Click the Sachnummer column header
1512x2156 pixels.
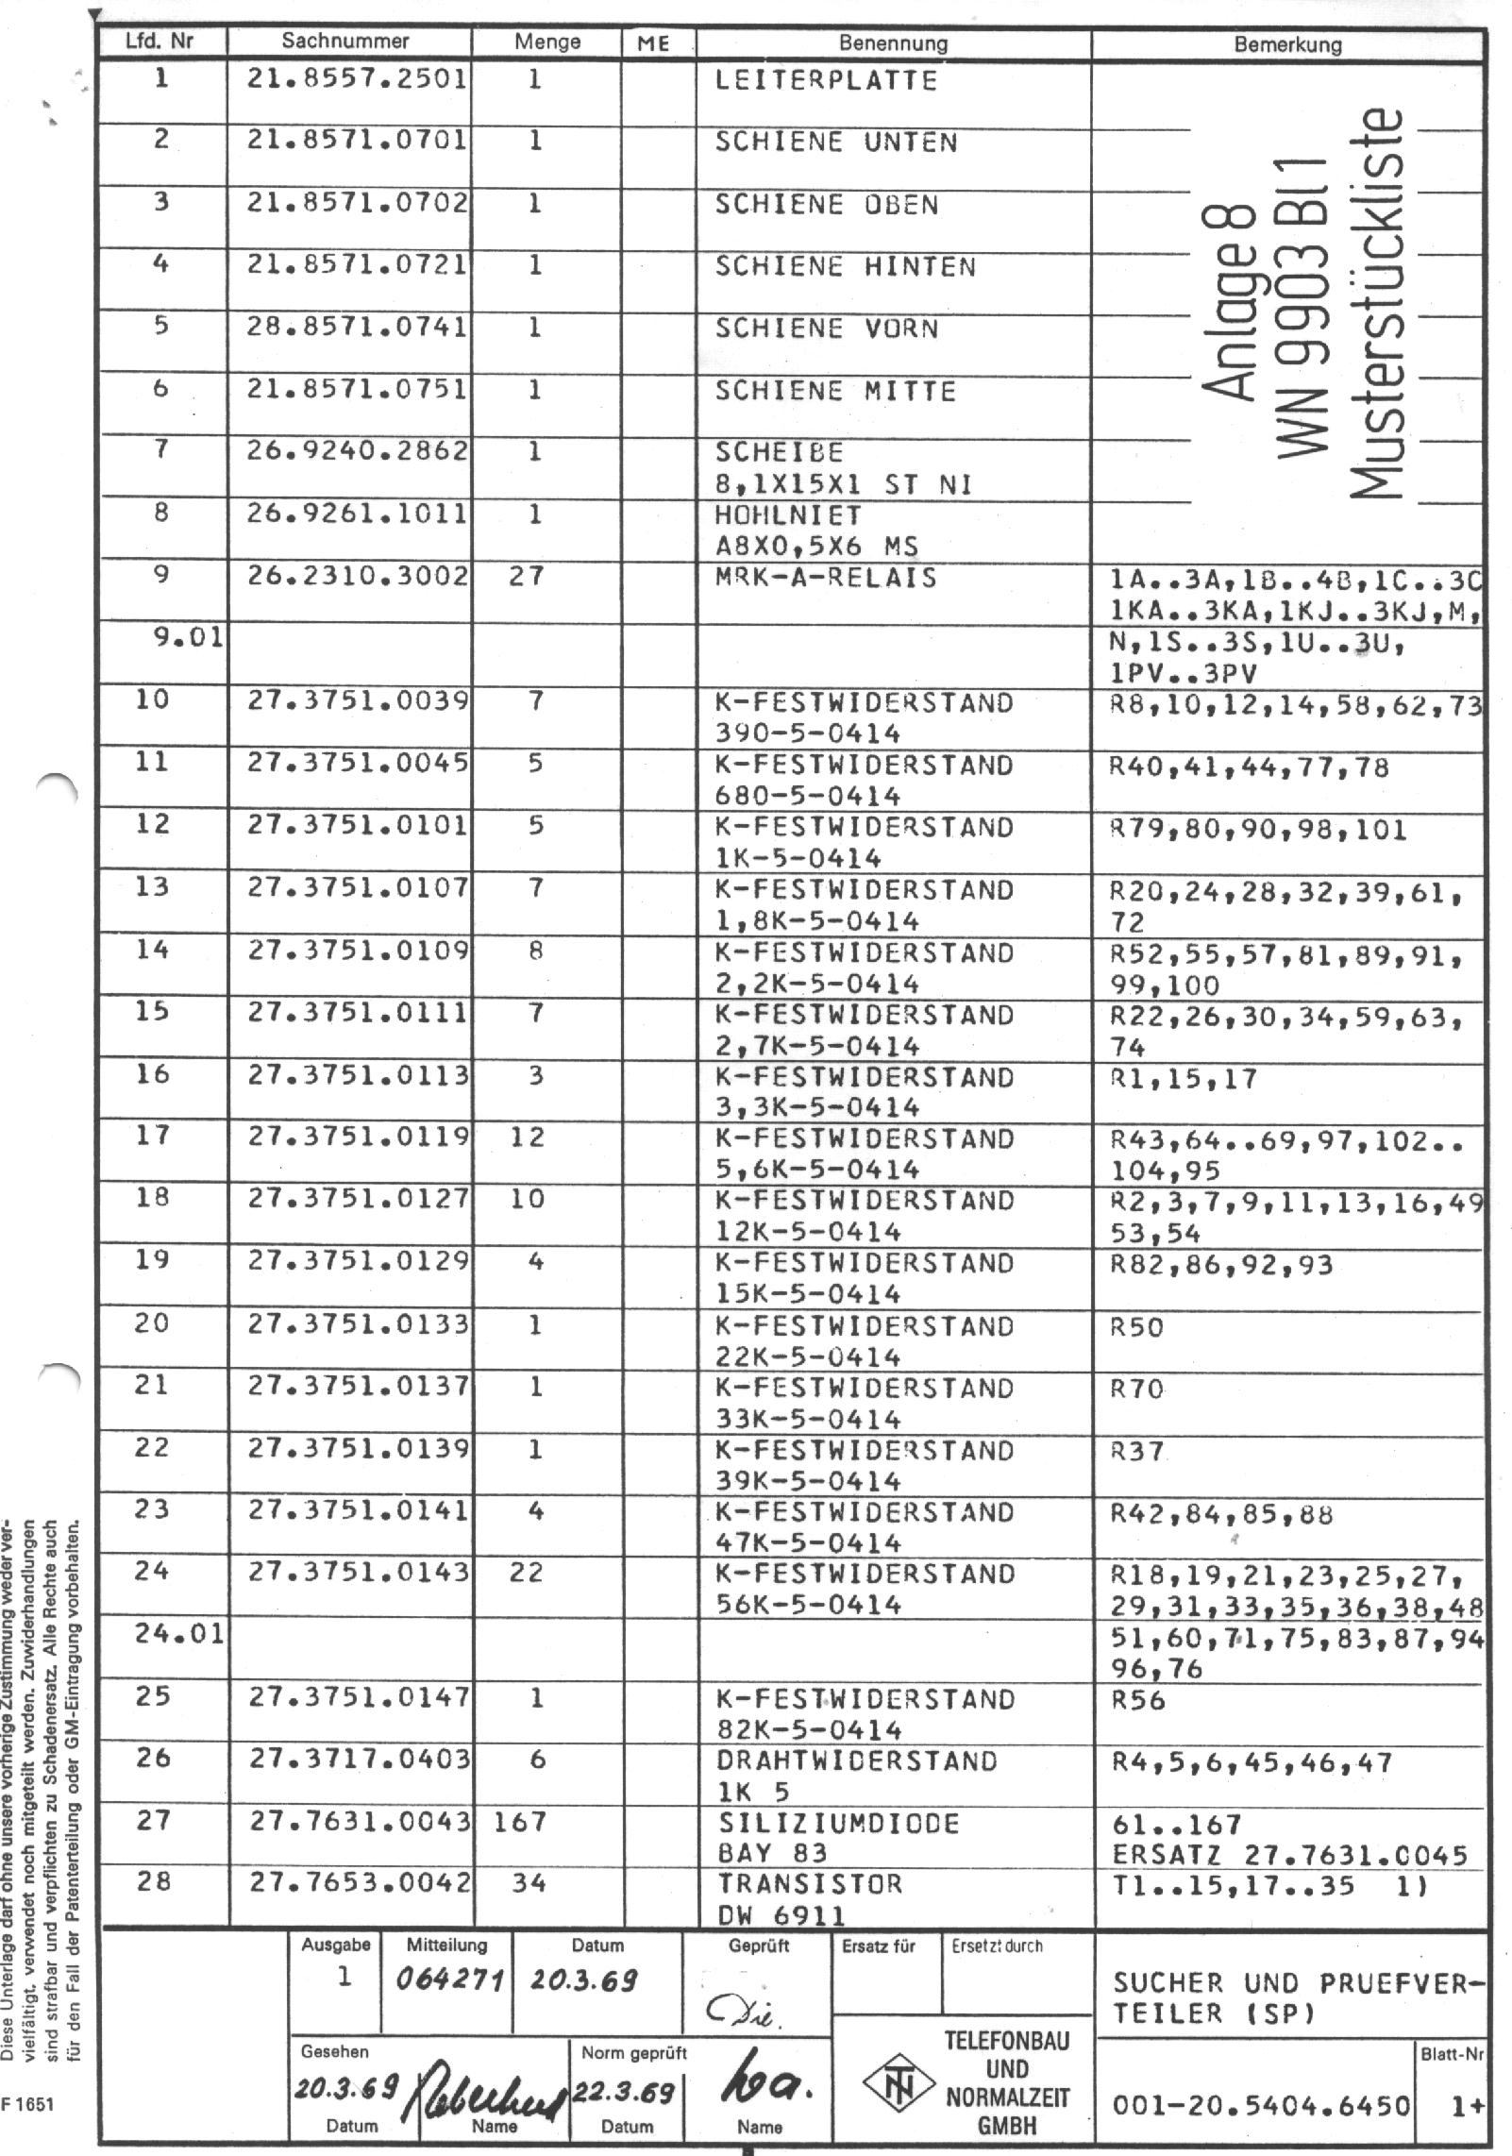coord(345,42)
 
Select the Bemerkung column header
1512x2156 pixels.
coord(1287,43)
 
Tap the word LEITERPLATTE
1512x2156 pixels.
coord(826,80)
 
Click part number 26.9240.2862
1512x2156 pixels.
coord(357,451)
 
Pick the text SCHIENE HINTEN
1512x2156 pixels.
coord(845,267)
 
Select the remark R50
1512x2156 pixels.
coord(1137,1328)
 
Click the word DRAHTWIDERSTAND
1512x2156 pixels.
coord(857,1761)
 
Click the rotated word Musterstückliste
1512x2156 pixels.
coord(1376,302)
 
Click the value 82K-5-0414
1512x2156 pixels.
coord(809,1730)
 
